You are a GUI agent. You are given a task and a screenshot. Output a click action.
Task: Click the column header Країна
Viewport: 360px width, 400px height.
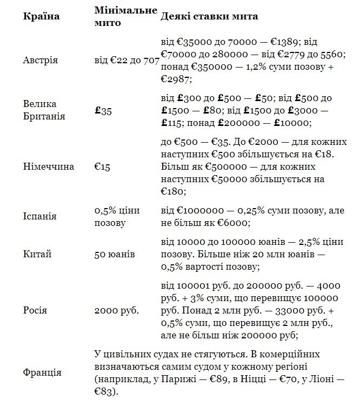(x=42, y=16)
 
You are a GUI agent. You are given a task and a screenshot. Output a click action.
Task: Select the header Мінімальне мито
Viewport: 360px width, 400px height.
(x=126, y=16)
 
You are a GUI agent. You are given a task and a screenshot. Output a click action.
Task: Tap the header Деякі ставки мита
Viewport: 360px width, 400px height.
(x=209, y=16)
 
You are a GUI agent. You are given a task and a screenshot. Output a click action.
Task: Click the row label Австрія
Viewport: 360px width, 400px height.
(x=41, y=60)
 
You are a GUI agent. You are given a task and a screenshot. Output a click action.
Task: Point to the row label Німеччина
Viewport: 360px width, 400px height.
(x=49, y=166)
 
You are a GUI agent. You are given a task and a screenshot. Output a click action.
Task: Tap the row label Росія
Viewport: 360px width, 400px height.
(x=35, y=310)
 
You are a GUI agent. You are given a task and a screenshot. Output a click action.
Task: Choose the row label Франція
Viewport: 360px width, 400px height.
(x=42, y=372)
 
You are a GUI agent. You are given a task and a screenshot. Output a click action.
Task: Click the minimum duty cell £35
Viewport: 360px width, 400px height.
(x=103, y=111)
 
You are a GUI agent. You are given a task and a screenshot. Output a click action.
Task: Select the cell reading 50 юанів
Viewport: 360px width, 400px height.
(x=115, y=254)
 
